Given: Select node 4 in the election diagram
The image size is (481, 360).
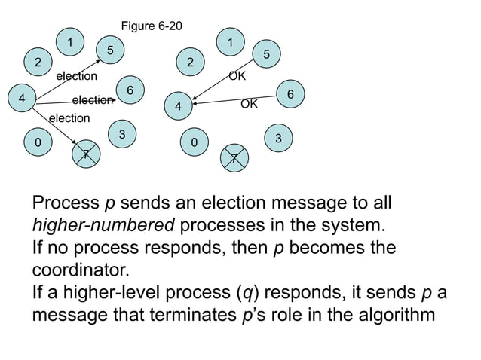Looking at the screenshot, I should tap(22, 99).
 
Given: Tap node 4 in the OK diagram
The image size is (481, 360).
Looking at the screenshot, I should tap(179, 107).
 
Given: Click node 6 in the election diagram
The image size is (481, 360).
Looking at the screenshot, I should tap(130, 90).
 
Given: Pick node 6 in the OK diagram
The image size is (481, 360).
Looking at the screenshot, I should tap(290, 94).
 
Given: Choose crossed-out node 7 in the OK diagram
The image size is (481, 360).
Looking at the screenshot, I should tap(234, 158).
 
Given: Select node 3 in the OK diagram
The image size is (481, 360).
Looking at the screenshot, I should tap(278, 139).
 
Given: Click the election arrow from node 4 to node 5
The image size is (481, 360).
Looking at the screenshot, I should tap(68, 79).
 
